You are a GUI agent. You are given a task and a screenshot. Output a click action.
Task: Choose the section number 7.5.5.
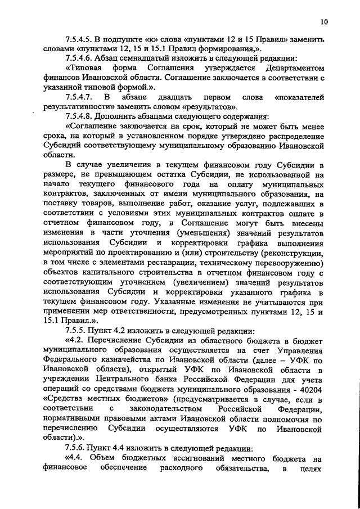click(x=78, y=330)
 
